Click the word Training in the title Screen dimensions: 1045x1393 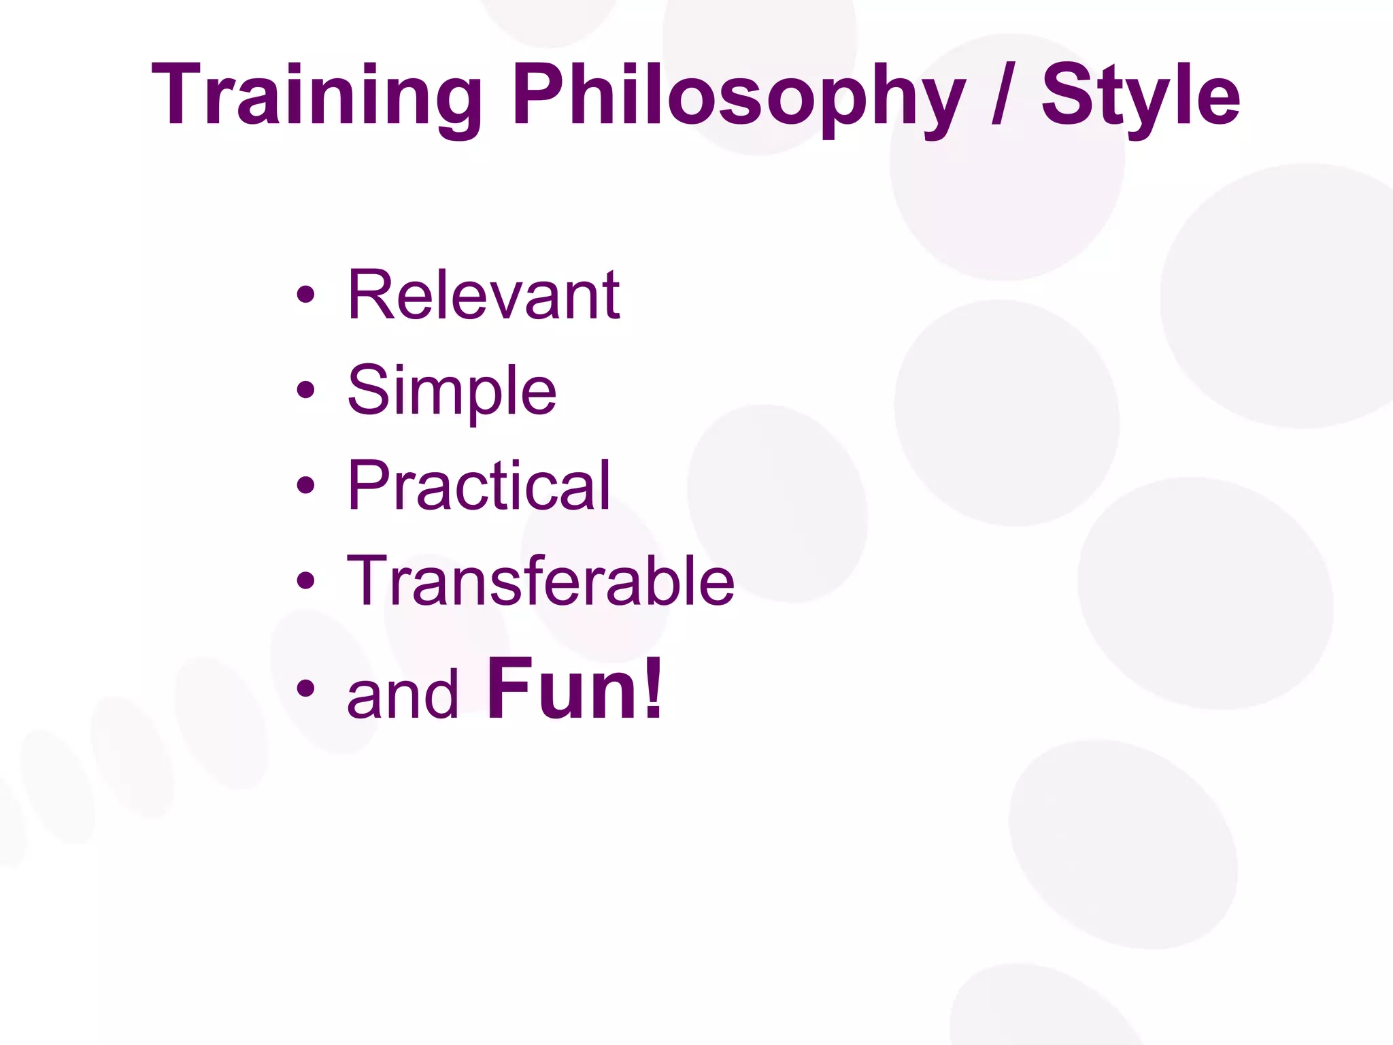point(316,95)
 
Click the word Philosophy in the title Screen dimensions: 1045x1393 point(738,95)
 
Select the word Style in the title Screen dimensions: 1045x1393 point(1141,95)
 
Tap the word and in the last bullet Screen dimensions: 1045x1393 point(403,694)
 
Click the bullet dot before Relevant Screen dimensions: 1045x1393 point(306,295)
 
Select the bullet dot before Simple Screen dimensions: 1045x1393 point(306,390)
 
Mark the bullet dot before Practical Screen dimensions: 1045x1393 point(306,485)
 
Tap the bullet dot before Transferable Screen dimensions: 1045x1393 point(306,580)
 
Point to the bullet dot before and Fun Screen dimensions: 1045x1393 point(306,688)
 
